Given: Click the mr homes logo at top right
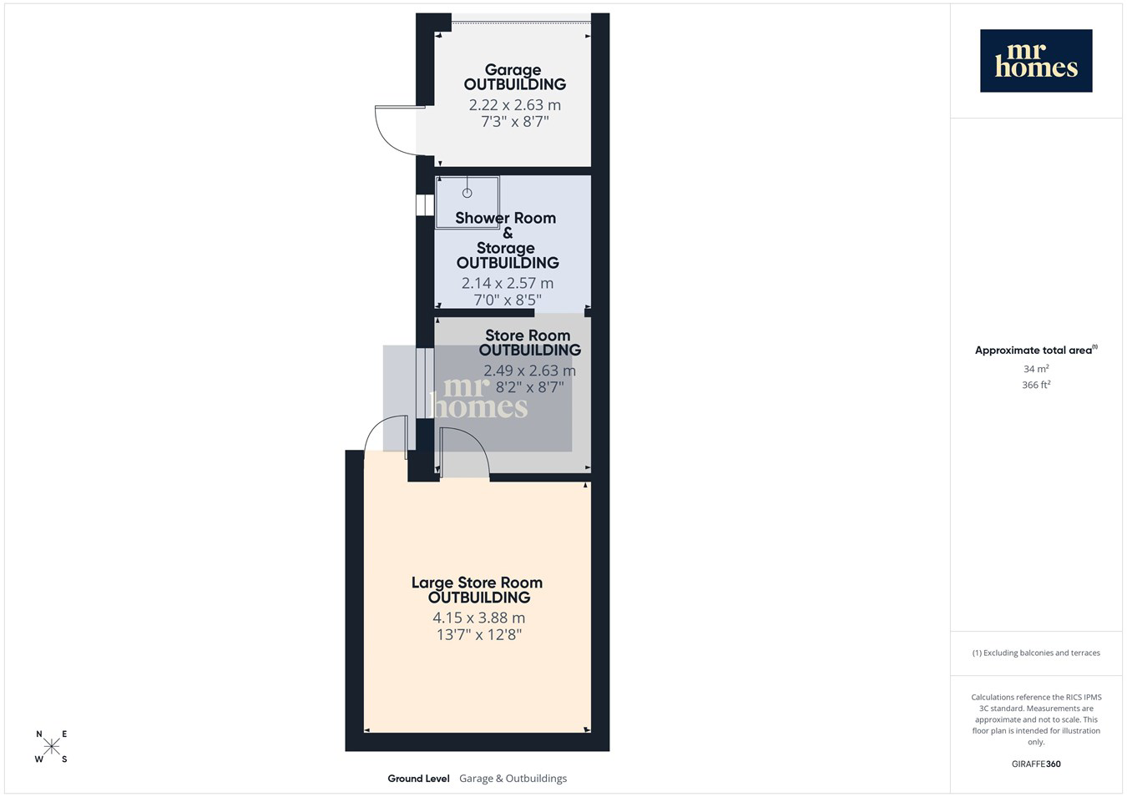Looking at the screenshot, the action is click(x=1036, y=61).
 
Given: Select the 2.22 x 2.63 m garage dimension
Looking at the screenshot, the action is click(x=515, y=104).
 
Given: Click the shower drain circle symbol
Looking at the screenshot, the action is click(x=467, y=193).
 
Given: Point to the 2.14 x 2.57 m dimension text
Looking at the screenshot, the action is click(x=508, y=283).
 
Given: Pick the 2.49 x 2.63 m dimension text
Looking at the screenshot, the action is click(x=529, y=371).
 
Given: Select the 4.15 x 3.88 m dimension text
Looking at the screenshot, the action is click(x=478, y=618).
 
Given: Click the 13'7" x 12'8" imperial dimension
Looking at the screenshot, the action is click(x=478, y=634).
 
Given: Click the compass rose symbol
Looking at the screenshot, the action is click(x=51, y=746).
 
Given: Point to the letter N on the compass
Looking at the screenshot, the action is click(x=39, y=734).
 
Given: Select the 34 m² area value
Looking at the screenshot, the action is click(x=1036, y=369).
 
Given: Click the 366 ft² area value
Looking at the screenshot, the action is click(x=1036, y=385).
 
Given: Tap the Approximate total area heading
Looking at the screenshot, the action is click(x=1036, y=350).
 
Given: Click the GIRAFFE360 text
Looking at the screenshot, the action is click(x=1036, y=764).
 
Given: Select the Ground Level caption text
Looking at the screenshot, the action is click(x=418, y=779).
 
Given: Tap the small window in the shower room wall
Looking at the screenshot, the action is click(x=425, y=205).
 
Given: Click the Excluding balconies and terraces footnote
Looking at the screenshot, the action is click(x=1036, y=653).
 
